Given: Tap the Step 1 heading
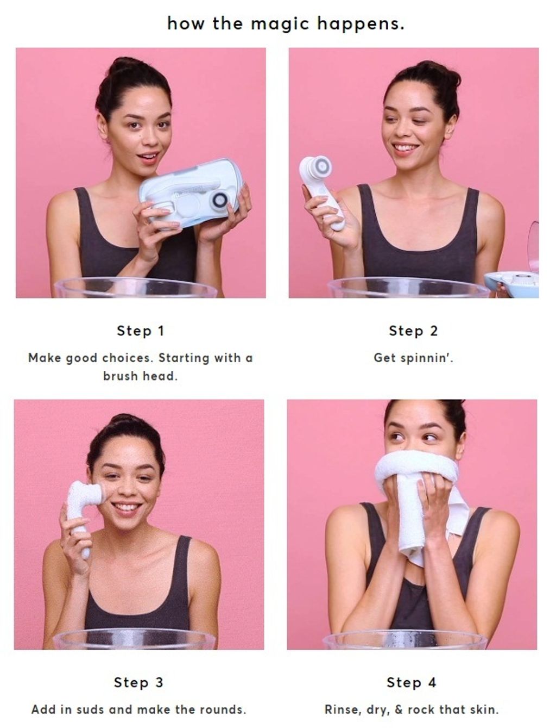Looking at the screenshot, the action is [141, 331].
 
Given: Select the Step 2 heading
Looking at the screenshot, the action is [413, 331].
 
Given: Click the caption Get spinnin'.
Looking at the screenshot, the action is [413, 358].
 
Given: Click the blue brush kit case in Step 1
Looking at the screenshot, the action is [191, 193].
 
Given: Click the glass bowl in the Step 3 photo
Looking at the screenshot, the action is [134, 639].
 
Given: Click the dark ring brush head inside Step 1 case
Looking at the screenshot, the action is [220, 200].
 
